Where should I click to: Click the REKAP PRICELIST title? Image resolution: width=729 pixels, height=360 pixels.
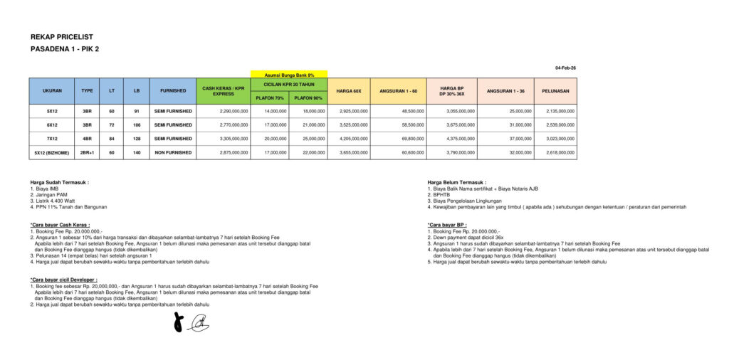[x=62, y=37]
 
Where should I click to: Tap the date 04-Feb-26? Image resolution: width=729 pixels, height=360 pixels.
[x=566, y=68]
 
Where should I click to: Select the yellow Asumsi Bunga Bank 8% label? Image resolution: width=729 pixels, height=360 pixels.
[x=289, y=75]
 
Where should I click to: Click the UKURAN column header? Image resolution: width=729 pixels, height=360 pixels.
[x=52, y=91]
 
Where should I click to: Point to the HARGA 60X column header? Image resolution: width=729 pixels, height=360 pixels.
[x=349, y=91]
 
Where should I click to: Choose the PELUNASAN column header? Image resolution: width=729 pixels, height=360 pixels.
[x=555, y=91]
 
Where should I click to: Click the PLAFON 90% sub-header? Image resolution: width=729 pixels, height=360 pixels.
[x=308, y=97]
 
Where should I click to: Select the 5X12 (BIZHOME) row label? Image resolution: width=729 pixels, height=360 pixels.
[x=53, y=152]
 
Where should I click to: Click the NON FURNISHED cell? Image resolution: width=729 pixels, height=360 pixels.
[x=173, y=152]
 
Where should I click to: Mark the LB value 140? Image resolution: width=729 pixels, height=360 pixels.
[x=137, y=152]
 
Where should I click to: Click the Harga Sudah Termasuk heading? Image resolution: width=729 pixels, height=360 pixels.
[x=60, y=182]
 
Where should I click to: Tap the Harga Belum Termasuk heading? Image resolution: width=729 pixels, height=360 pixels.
[x=456, y=182]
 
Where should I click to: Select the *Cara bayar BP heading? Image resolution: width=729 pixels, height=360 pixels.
[x=447, y=225]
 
